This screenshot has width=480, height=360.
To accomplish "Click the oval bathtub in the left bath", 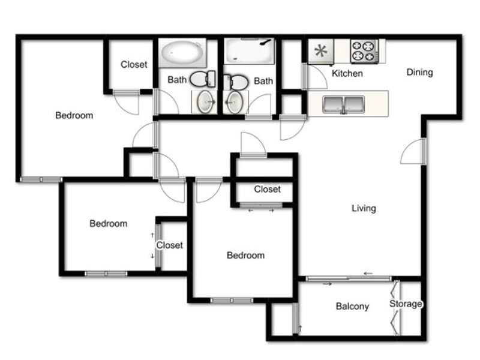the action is point(182,53).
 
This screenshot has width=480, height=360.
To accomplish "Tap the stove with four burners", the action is point(364,52).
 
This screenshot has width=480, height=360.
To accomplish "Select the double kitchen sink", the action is point(344,104).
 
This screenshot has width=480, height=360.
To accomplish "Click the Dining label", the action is point(419,72).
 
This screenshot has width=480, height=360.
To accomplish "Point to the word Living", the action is point(364,208).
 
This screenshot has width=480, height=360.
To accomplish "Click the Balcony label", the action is point(352,306).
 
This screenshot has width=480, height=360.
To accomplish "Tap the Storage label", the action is point(406,304).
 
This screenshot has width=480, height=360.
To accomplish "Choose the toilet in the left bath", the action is point(203,79).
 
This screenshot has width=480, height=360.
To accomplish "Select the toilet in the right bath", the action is point(236,82).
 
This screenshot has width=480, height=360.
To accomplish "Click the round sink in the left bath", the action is point(205,101).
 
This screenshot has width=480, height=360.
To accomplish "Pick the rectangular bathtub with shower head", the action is point(248,51).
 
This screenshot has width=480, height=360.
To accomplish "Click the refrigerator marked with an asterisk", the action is point(321,51).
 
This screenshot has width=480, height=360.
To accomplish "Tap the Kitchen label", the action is point(347,73).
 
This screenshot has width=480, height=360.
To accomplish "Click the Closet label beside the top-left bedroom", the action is point(134,65).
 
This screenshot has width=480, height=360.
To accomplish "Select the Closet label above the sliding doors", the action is point(267,189).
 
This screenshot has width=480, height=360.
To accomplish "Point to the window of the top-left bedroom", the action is point(41,179).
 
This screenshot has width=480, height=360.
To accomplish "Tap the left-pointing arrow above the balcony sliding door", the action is point(368,274).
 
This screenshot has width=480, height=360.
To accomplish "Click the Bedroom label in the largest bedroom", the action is point(74,115).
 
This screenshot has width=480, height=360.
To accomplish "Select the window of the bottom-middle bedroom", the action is point(232,301).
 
